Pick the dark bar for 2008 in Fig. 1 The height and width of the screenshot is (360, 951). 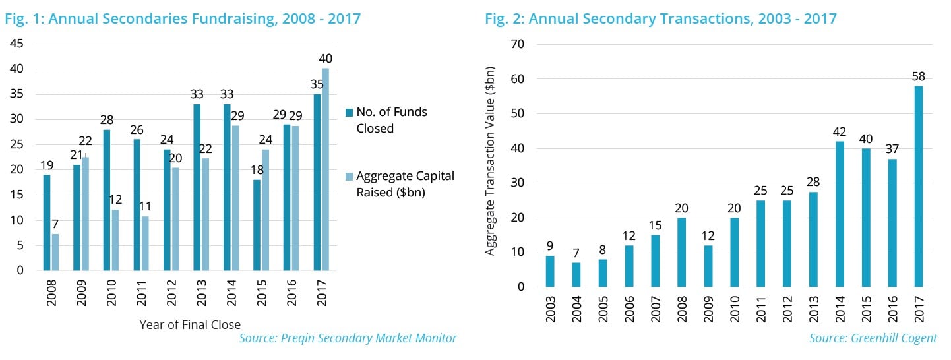(47, 222)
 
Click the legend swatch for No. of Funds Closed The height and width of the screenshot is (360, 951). (349, 112)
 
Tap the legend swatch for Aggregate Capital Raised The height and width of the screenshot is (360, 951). (349, 176)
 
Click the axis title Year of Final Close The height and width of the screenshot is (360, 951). (190, 324)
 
